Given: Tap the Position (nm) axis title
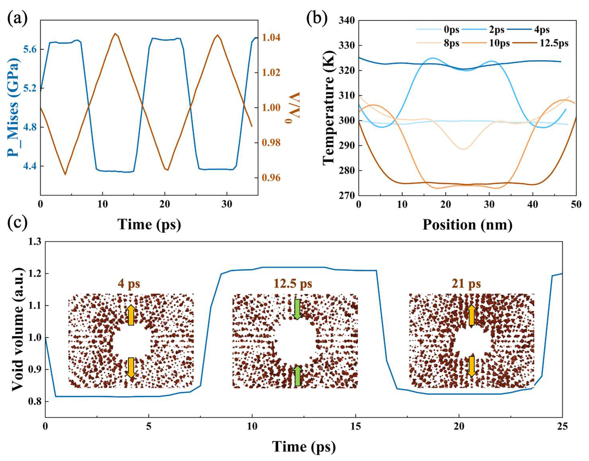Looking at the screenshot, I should pos(467,225).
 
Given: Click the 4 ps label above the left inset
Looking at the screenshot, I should pos(129,284).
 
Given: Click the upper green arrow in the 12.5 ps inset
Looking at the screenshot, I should pos(297,309).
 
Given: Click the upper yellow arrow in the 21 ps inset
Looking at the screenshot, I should pos(471,315).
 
